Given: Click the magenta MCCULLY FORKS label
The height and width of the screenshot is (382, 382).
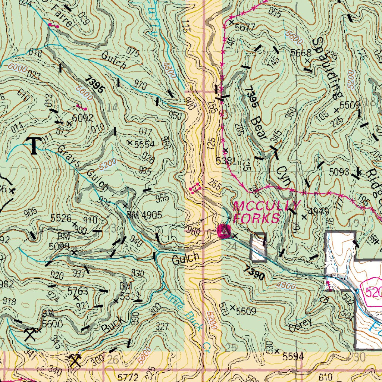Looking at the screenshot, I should click(266, 212).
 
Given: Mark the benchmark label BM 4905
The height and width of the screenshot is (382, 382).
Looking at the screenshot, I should click(144, 215).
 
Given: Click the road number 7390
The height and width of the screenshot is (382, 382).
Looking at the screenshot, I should click(255, 273).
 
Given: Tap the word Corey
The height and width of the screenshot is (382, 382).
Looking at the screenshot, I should click(300, 325).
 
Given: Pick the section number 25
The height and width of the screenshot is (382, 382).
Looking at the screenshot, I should click(231, 348).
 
